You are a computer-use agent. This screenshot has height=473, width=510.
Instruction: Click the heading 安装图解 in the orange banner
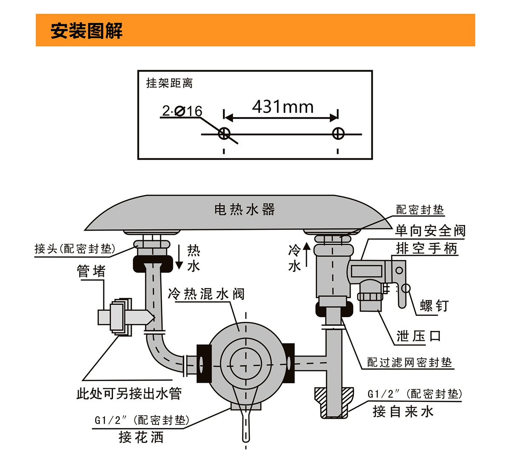[87, 31]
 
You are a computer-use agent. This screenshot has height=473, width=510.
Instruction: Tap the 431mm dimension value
[283, 106]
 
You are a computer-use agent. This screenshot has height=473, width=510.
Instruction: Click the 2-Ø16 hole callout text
[182, 111]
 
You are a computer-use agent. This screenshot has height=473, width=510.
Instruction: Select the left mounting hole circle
[224, 134]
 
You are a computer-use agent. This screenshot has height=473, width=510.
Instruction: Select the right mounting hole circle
[338, 134]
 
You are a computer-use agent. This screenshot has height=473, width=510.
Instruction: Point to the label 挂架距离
[169, 83]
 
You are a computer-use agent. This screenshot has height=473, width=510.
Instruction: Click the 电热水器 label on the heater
[244, 209]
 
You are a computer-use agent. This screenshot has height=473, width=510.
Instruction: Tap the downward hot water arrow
[179, 257]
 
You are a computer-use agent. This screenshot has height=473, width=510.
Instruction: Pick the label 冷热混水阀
[206, 294]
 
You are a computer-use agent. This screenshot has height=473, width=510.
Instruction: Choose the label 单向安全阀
[430, 231]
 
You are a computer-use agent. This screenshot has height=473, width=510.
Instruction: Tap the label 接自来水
[403, 411]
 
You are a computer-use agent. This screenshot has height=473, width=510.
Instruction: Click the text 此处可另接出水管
[129, 393]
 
